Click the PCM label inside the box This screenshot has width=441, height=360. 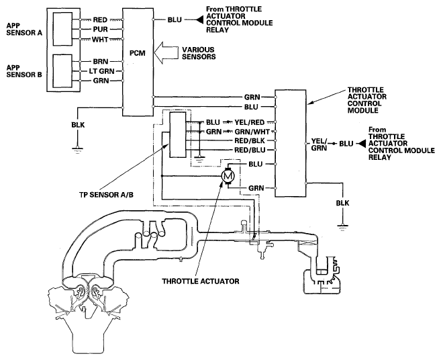[x=137, y=53]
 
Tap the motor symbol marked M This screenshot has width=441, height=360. [x=228, y=177]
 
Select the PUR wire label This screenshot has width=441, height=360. [x=101, y=30]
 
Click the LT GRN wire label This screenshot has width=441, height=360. [x=101, y=71]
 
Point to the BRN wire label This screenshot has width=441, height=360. [x=101, y=61]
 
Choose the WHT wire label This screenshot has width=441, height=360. [x=100, y=40]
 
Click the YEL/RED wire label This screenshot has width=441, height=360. [x=250, y=122]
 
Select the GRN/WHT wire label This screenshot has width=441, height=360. [x=252, y=132]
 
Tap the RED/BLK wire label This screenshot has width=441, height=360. [x=250, y=140]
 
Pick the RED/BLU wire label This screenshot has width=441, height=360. [x=250, y=150]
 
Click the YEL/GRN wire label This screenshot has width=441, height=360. [x=320, y=144]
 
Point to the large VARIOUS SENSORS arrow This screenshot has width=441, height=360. [x=166, y=53]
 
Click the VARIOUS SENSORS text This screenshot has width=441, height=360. [x=199, y=53]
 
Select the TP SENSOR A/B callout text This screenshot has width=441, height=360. [x=106, y=195]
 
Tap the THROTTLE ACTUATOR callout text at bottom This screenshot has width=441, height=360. [x=201, y=281]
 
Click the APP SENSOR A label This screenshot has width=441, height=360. [x=24, y=30]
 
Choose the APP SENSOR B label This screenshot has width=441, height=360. [x=24, y=71]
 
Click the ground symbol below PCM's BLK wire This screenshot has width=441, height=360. [x=77, y=150]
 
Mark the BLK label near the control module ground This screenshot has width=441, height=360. [x=342, y=203]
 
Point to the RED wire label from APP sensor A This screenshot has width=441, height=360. [x=100, y=19]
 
